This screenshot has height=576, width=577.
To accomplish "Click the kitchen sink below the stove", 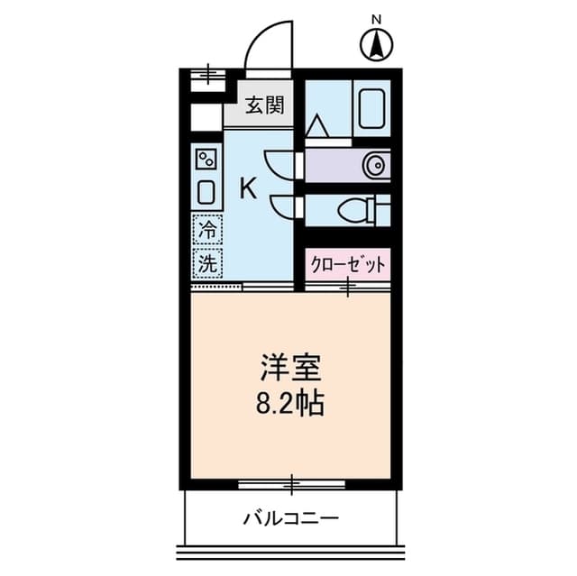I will pos(206,192).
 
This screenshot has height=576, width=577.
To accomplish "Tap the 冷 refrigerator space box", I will pos(207,230).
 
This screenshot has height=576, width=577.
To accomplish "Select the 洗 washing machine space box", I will pos(207,264).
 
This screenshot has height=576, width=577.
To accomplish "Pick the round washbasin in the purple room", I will pos(374,165).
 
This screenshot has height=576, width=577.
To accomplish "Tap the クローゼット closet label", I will pos(348,265).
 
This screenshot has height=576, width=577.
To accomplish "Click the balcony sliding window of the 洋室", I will pos(291,485).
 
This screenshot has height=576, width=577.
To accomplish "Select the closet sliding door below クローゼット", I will pos(348,288).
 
